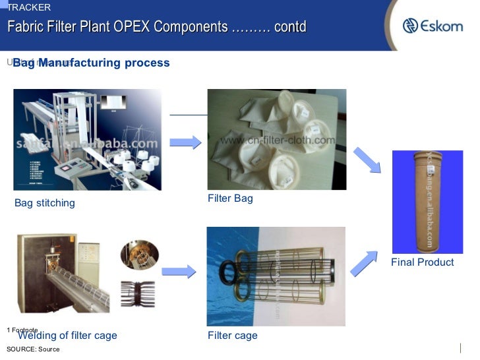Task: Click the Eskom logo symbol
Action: click(x=411, y=26)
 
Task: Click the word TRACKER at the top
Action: click(x=28, y=7)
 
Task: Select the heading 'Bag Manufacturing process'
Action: click(x=91, y=63)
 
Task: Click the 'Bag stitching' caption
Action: click(x=45, y=203)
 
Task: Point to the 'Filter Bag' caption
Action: click(x=230, y=198)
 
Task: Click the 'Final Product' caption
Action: click(x=422, y=262)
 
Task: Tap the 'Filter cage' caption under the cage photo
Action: click(x=232, y=336)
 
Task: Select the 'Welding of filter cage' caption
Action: click(x=67, y=336)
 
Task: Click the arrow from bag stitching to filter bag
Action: click(x=185, y=142)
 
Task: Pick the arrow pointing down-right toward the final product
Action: click(x=367, y=161)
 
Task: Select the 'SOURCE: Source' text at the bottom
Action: click(x=33, y=349)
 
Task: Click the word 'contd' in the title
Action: click(x=291, y=27)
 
